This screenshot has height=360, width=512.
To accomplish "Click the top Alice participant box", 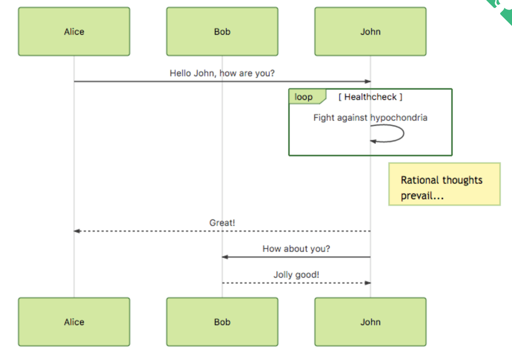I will tap(74, 31).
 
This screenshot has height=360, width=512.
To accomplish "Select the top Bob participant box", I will tap(222, 31).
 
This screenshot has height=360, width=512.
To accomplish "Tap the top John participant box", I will tap(370, 31).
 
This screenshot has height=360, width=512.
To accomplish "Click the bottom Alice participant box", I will tap(74, 322).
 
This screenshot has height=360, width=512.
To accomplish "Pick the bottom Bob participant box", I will tap(222, 322).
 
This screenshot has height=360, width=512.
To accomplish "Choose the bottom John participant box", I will tap(370, 322).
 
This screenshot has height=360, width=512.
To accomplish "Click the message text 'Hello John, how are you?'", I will tap(222, 73).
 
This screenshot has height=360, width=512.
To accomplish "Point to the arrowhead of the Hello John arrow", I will tap(368, 81).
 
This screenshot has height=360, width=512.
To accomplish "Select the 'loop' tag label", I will tap(304, 97).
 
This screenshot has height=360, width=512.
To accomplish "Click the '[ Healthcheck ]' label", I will tap(370, 97).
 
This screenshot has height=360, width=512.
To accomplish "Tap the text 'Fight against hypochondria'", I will tap(370, 118).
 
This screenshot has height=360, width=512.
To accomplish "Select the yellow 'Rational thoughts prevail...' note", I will tap(444, 184).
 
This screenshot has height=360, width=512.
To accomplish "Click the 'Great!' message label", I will tap(222, 223).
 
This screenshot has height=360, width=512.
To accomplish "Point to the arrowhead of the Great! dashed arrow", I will tap(77, 231).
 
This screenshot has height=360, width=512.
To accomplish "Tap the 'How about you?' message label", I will tap(296, 249).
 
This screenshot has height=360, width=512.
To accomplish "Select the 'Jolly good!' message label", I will tap(296, 275).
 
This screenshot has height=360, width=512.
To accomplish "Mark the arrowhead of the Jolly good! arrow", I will tap(368, 283).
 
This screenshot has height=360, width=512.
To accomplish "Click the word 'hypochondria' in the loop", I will tap(399, 118).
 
